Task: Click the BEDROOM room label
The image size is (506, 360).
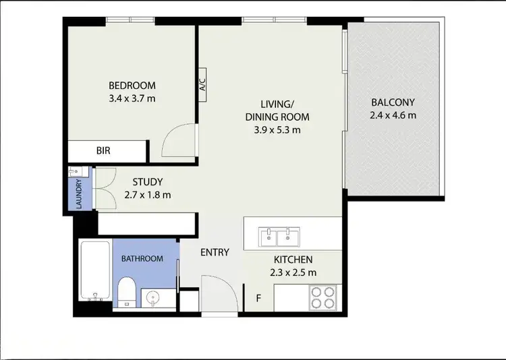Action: pos(132,86)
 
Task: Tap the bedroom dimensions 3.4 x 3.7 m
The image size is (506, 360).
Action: pos(132,98)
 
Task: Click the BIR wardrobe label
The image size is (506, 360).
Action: pos(103,151)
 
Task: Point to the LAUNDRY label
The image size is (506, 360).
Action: pos(79,193)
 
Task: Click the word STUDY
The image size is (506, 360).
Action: pos(148,182)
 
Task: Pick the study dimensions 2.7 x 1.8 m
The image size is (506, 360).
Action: pos(148,195)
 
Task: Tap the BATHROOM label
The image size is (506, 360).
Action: pos(142,258)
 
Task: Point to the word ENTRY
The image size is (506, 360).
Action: pos(215,252)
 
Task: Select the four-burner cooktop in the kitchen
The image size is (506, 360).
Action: pos(323,297)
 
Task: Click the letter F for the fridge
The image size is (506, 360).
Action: pos(258,297)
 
